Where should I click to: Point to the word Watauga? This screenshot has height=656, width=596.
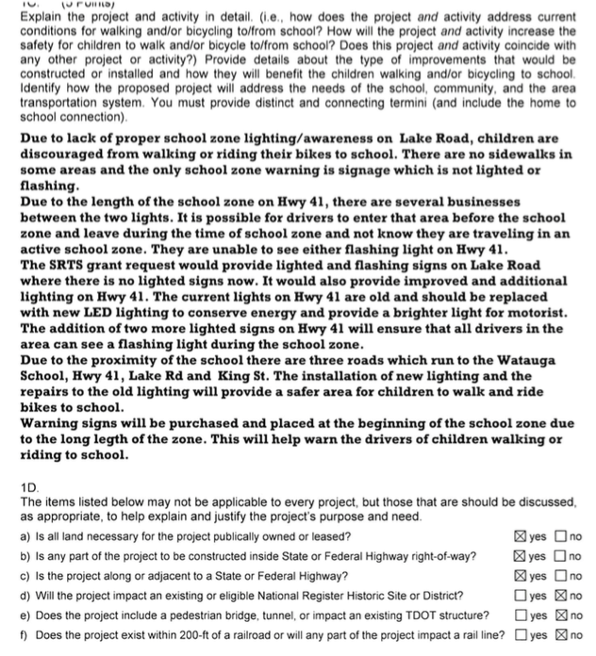coord(516,359)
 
